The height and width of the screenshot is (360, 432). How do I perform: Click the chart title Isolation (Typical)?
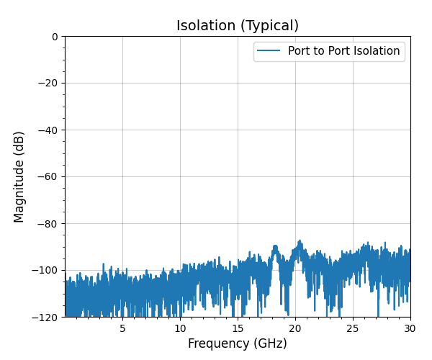(x=238, y=26)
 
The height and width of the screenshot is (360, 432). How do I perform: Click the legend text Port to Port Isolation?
(x=343, y=51)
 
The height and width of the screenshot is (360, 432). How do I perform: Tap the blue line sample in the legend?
(x=269, y=51)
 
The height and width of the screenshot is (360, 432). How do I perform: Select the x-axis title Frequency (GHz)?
(x=238, y=343)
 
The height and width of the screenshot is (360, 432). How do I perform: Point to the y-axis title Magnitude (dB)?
(x=19, y=176)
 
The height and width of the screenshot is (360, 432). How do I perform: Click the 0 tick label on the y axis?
(x=55, y=37)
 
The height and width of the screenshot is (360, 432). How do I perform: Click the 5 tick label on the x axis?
(x=122, y=328)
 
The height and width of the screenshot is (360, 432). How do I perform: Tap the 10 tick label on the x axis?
(x=180, y=328)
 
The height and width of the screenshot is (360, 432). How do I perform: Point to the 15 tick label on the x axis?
(x=238, y=328)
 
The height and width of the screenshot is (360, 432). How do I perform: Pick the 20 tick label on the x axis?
(x=295, y=328)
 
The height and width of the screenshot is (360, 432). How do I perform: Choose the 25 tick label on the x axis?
(x=353, y=328)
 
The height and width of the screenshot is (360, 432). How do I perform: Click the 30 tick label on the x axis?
(x=410, y=328)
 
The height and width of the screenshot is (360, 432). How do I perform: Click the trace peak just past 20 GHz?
(x=300, y=241)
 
